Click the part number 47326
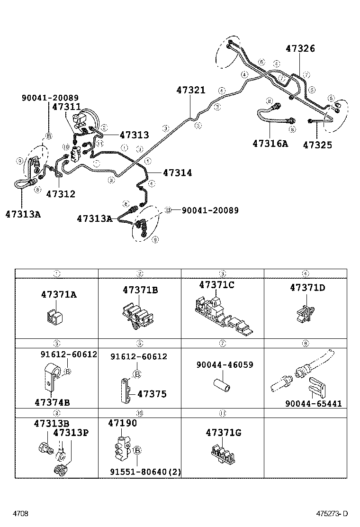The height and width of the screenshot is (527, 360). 306,49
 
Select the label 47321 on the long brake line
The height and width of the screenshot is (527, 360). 191,90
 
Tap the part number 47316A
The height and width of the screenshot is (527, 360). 270,143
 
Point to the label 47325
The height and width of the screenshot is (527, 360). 317,145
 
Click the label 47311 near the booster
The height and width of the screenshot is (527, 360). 66,107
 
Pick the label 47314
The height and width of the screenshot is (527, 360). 177,173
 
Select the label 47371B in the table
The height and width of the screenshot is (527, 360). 140,290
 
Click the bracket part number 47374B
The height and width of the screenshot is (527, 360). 52,402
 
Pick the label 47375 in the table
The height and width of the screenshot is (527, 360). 152,394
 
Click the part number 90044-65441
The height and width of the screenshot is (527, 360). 313,404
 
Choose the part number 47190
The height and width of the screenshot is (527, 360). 122,423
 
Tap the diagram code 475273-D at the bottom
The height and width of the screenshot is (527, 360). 332,514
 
